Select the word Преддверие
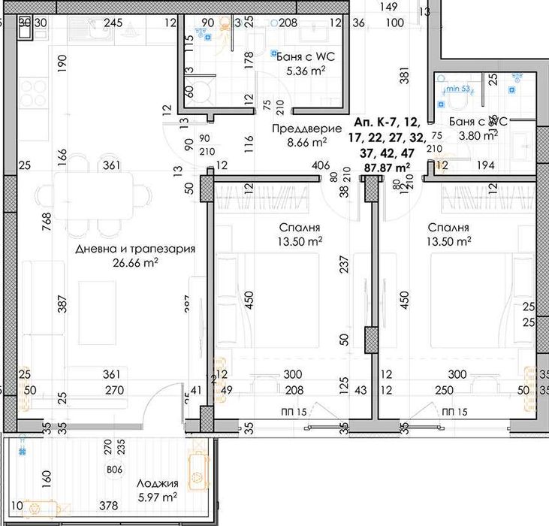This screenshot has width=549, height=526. click(297, 128)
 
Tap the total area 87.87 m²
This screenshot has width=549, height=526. click(387, 167)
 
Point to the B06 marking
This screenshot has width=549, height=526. click(115, 470)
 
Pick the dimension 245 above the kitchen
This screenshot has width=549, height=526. click(113, 23)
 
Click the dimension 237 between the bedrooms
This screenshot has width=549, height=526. click(344, 267)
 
